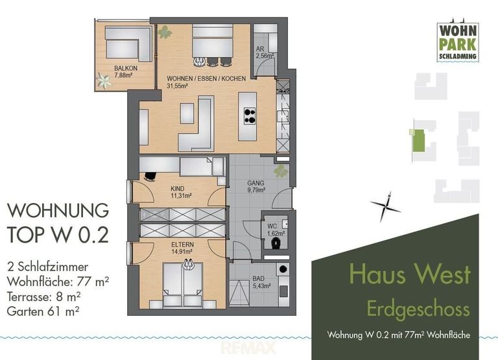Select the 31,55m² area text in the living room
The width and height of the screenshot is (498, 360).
click(x=178, y=85)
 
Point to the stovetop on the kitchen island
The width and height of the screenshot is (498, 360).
click(x=248, y=115)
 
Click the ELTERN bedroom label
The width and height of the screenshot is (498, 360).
click(x=182, y=244)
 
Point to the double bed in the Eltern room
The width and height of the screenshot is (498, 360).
click(x=182, y=283)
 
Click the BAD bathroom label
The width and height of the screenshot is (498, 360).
click(x=259, y=281)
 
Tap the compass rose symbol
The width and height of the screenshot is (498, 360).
click(x=386, y=206)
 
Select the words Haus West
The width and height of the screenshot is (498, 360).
click(x=409, y=274)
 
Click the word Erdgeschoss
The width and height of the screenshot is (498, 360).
click(x=418, y=308)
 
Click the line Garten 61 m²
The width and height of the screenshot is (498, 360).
click(x=47, y=311)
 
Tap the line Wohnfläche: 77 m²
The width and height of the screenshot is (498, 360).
click(x=57, y=282)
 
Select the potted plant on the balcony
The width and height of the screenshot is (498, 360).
click(x=102, y=80)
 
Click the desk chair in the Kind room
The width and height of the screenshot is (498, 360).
click(x=150, y=175)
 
